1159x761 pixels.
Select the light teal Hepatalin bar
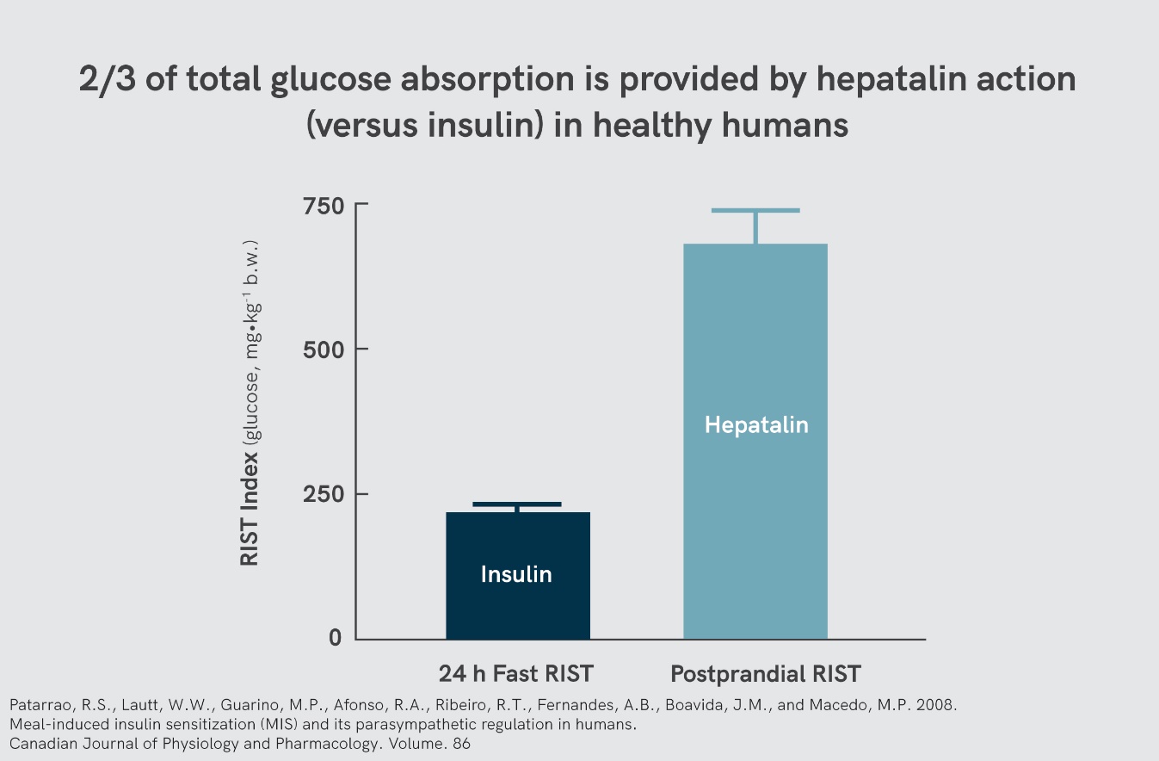[x=755, y=517]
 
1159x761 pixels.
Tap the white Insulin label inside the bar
[x=516, y=574]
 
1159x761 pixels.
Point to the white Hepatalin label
[x=756, y=424]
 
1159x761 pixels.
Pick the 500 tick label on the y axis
[x=322, y=350]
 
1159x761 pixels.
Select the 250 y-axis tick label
[x=322, y=494]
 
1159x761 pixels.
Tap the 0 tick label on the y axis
[x=334, y=638]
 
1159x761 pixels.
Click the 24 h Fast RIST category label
[x=516, y=673]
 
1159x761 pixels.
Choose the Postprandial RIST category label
[x=766, y=673]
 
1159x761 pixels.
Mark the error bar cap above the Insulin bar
[x=517, y=504]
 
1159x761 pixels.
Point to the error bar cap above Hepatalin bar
[x=755, y=210]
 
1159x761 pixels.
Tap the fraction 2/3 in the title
[x=104, y=80]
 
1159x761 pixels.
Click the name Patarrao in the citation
[x=38, y=705]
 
